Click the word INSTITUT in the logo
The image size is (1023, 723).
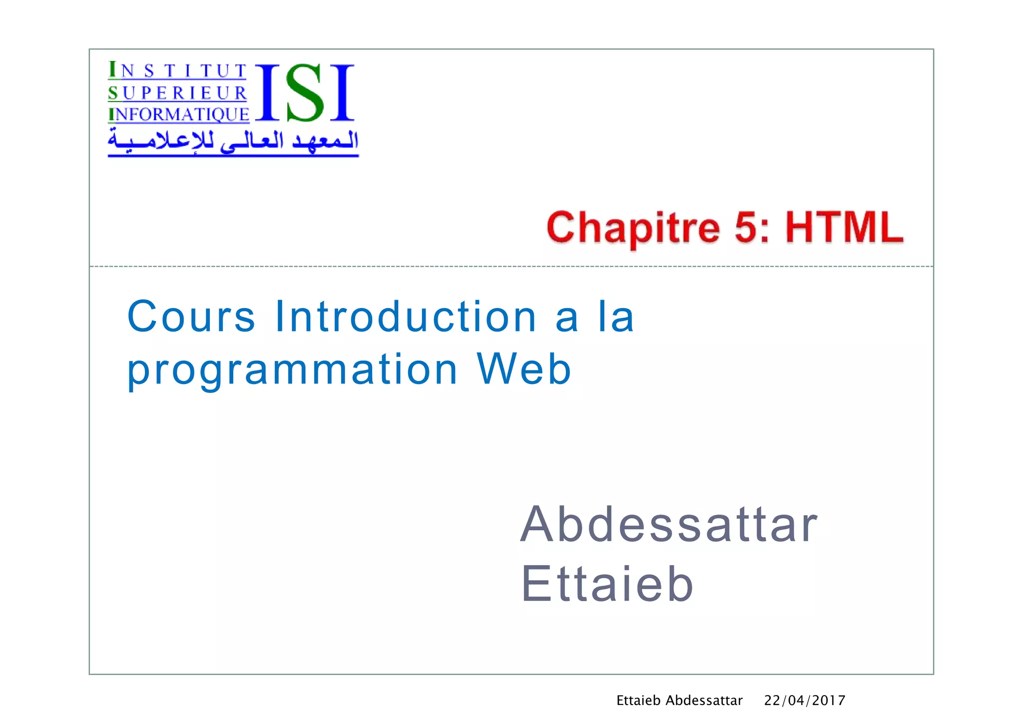coord(177,70)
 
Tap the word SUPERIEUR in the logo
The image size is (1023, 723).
coord(177,93)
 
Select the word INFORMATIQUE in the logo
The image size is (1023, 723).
coord(178,114)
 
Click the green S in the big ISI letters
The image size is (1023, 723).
coord(305,93)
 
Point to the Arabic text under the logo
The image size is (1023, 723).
coord(233,141)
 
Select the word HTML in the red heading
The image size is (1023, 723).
coord(844,227)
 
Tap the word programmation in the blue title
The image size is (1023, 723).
coord(292,370)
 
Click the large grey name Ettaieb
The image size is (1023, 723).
coord(607,584)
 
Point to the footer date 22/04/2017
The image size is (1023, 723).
coord(804,701)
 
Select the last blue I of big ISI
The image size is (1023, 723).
coord(342,93)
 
